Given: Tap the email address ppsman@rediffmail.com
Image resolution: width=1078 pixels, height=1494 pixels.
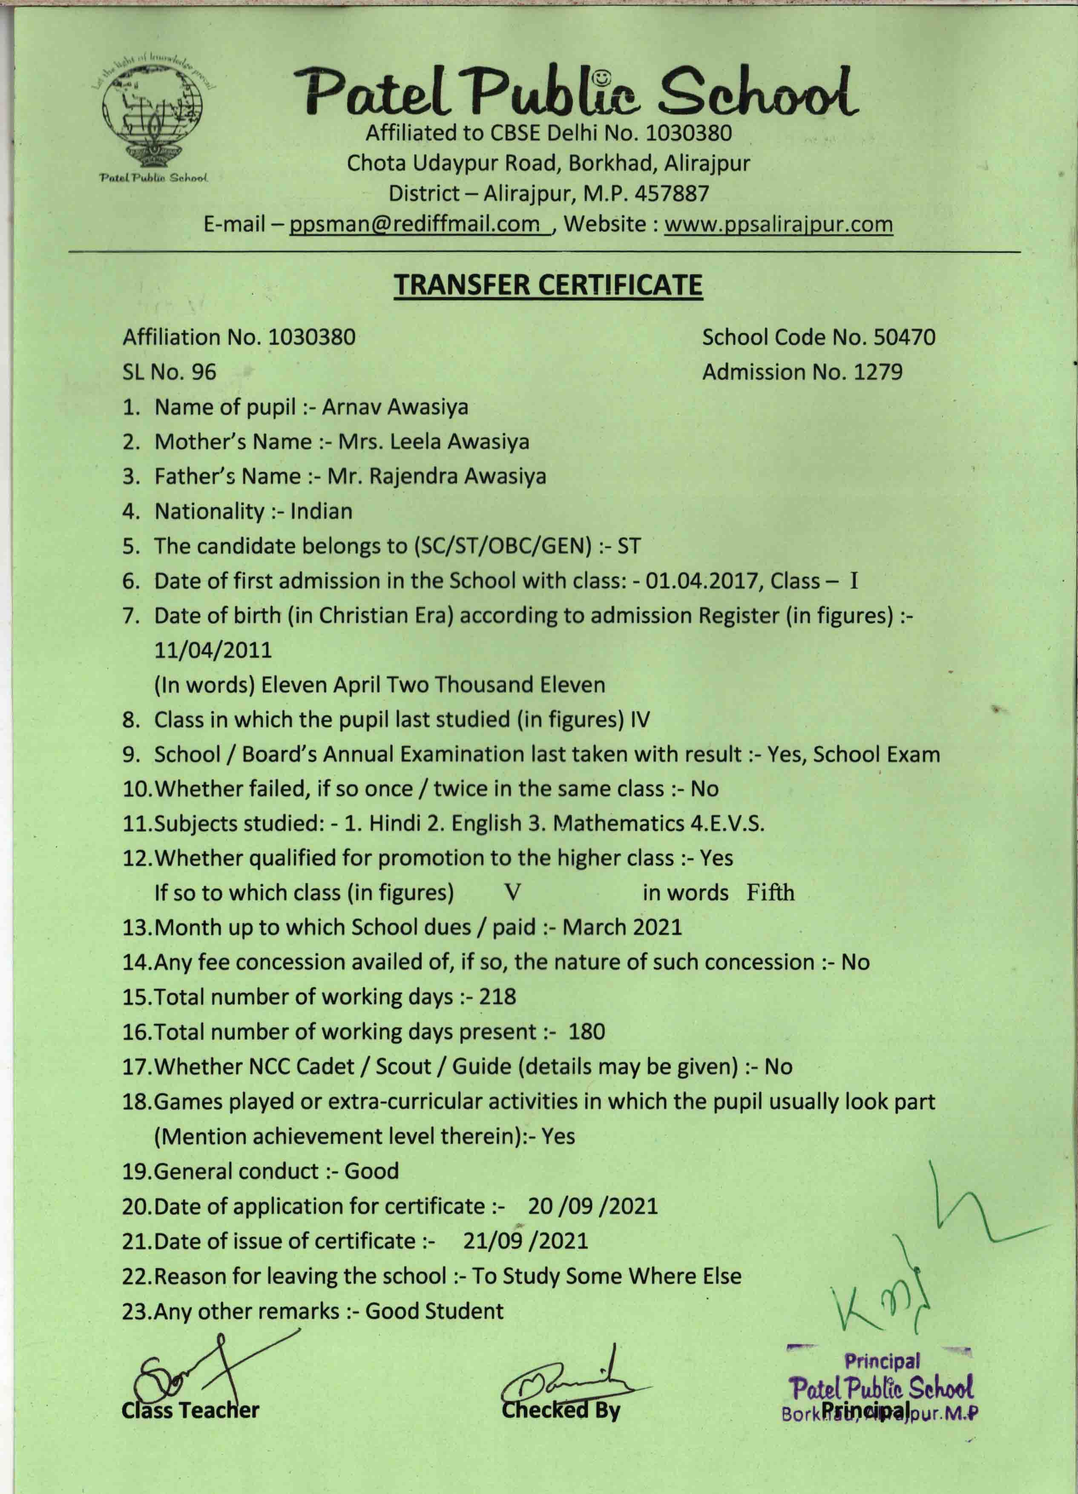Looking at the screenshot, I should click(x=414, y=224).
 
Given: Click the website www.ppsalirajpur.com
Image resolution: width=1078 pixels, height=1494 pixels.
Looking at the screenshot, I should click(x=778, y=224).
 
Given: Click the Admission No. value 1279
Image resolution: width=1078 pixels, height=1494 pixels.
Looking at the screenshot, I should click(x=878, y=372).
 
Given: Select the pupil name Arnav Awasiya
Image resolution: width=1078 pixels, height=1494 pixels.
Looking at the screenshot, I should click(x=395, y=407).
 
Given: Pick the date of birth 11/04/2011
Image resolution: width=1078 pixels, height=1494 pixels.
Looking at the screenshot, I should click(x=213, y=650).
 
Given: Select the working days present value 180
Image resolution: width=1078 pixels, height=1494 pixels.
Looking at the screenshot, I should click(x=586, y=1031).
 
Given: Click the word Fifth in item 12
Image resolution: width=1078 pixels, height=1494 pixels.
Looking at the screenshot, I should click(x=770, y=893).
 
